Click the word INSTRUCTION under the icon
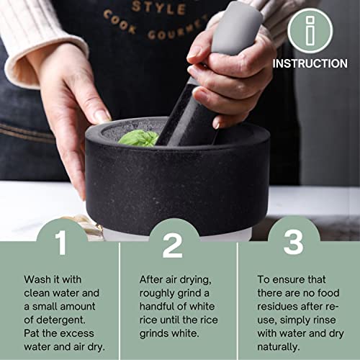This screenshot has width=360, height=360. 310,63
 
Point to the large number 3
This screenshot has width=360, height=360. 293,243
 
